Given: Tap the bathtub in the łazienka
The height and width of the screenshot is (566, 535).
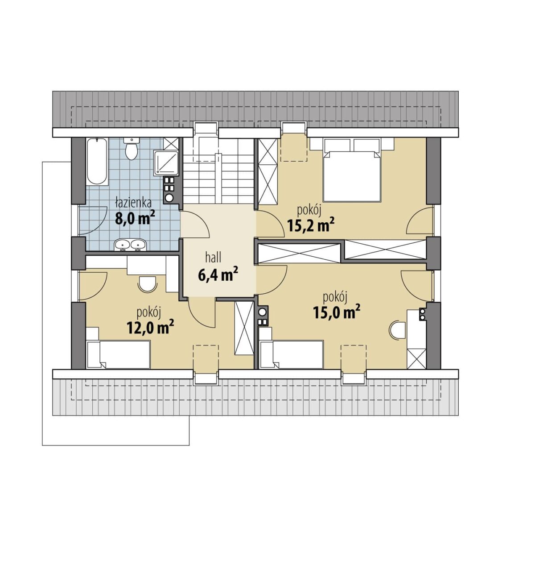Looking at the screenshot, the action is click(x=97, y=161).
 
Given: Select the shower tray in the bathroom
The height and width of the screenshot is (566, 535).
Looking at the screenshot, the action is click(x=166, y=162).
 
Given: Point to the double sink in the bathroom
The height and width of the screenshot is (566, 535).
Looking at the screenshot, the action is click(x=130, y=245).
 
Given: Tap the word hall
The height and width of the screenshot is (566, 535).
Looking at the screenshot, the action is click(x=213, y=258).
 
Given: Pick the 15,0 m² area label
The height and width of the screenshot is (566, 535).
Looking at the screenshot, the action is click(x=337, y=312).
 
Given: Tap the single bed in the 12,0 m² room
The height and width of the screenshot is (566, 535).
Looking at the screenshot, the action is click(x=118, y=354).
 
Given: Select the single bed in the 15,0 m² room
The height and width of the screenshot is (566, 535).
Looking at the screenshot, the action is click(x=291, y=354).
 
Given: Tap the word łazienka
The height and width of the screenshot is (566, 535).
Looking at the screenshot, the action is click(x=133, y=203).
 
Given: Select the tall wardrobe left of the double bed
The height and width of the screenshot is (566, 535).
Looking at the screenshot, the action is click(x=267, y=171).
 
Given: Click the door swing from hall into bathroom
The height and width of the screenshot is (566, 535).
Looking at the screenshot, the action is click(x=194, y=224).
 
